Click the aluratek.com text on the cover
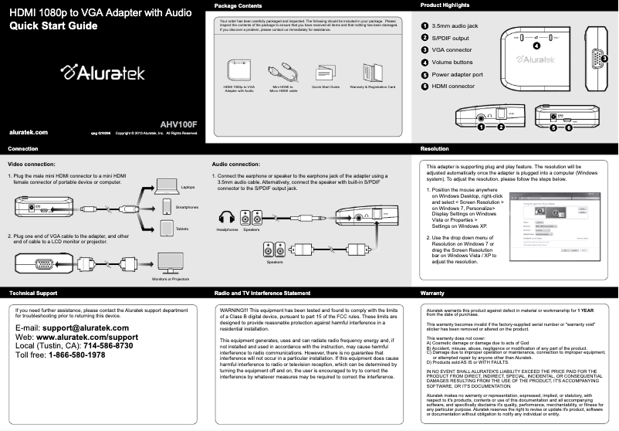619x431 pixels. tap(28, 133)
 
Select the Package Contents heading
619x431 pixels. tap(240, 6)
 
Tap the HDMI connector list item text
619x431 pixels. tap(453, 87)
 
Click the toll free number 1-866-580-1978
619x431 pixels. tap(77, 355)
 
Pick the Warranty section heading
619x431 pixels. tap(432, 294)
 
